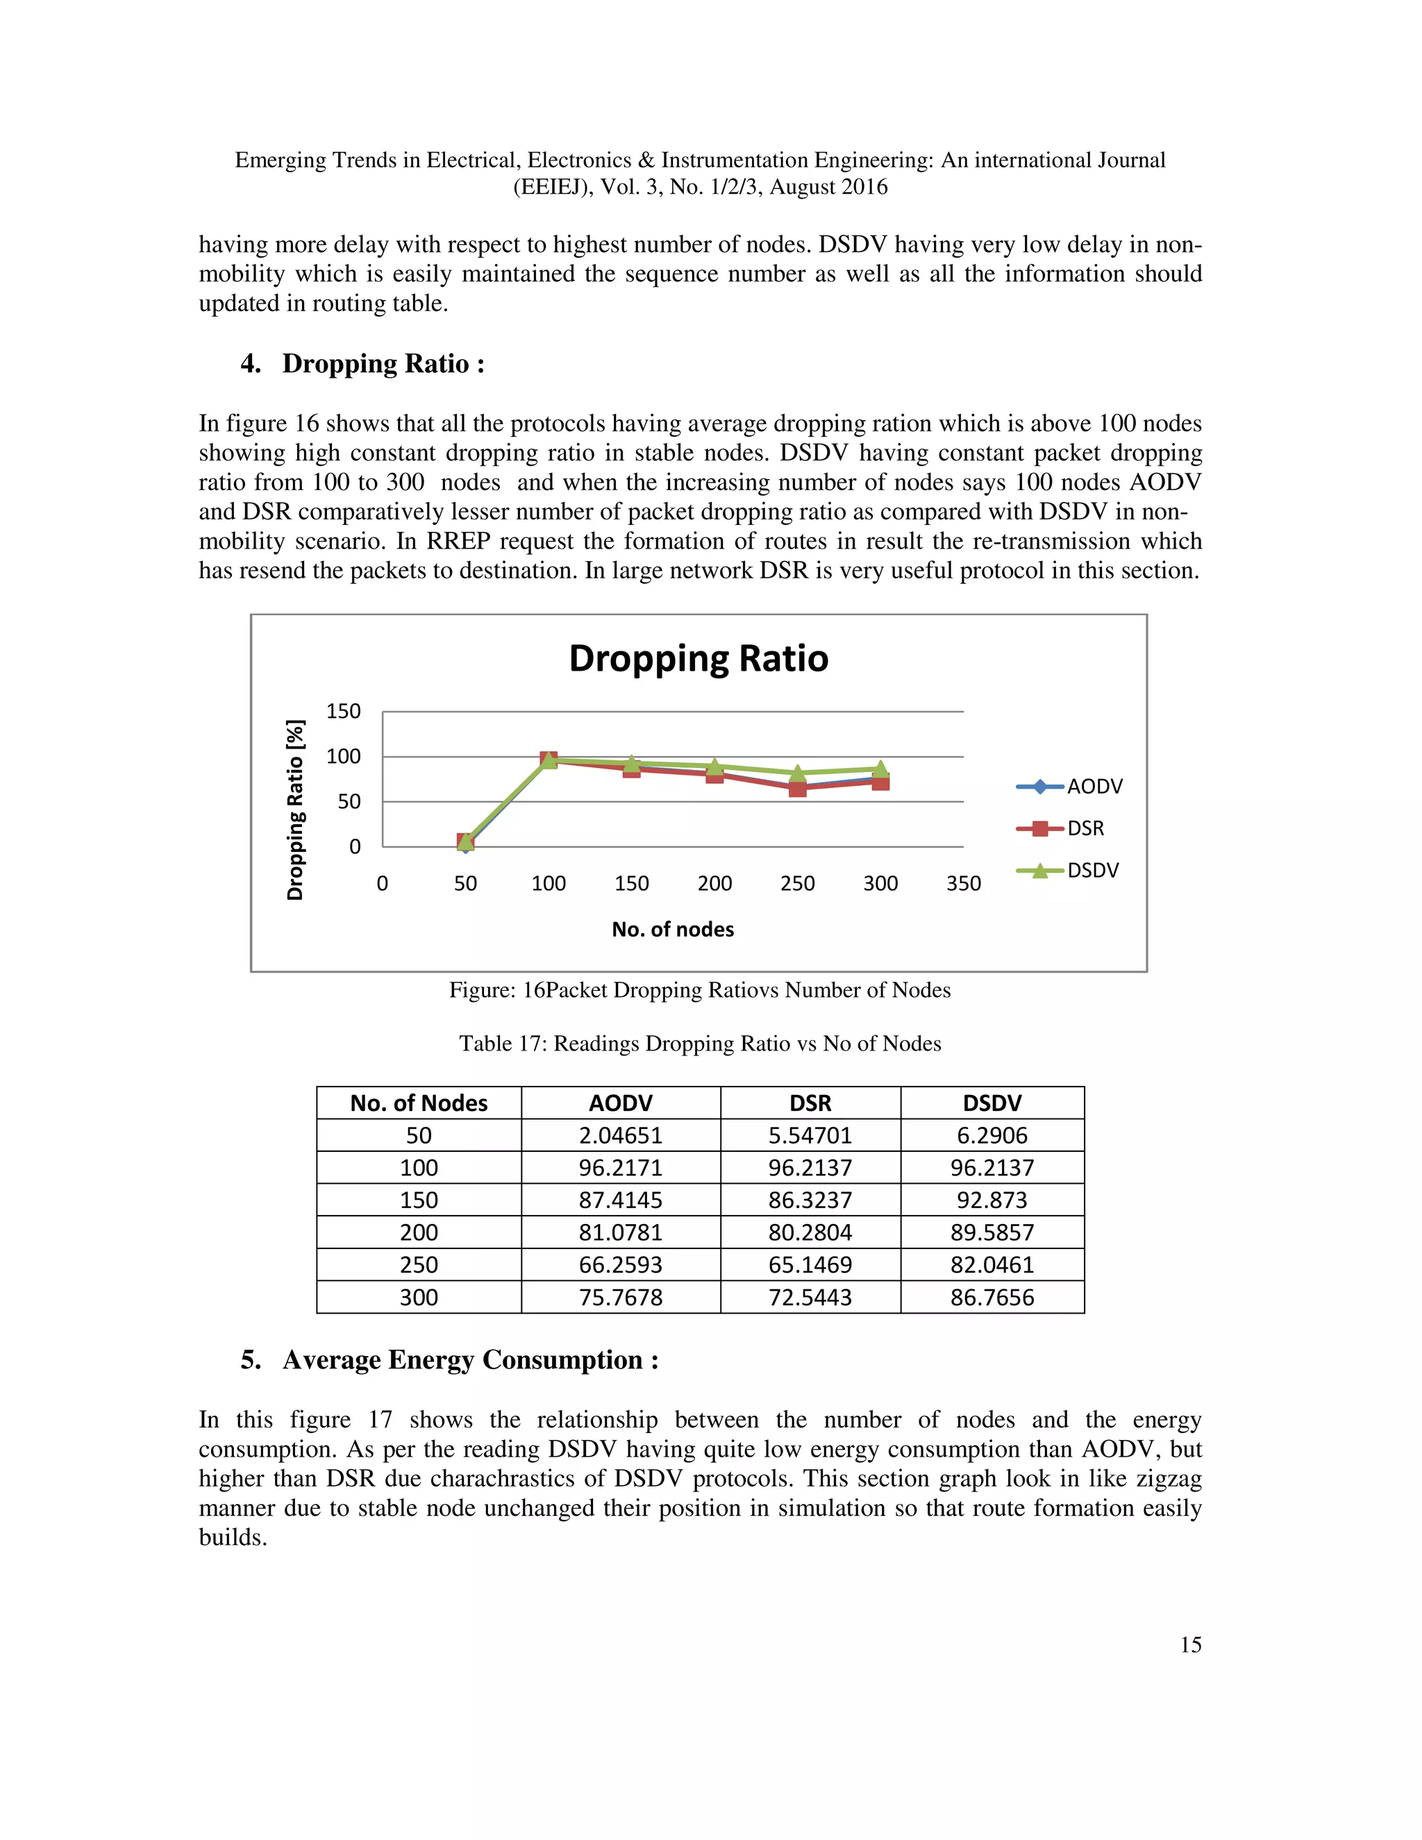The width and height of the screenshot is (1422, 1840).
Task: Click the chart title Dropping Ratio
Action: pos(699,658)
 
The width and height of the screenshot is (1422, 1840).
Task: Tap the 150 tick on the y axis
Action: pos(343,711)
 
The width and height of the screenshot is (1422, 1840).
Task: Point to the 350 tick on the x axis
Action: pos(963,883)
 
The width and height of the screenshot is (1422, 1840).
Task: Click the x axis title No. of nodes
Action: pos(672,929)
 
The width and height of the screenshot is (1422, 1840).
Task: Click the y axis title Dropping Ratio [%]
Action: pos(295,810)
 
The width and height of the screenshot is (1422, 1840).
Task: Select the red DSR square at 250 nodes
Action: pos(797,789)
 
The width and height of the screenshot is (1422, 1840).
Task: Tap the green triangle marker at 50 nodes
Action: pos(466,840)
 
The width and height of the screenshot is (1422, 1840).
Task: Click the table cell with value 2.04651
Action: pos(620,1136)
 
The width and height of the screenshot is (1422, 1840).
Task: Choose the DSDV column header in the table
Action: pos(992,1103)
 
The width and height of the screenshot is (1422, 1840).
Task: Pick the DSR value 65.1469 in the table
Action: pos(810,1264)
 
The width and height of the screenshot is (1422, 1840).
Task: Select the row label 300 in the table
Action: pos(419,1298)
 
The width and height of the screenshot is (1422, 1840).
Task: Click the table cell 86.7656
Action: pos(992,1298)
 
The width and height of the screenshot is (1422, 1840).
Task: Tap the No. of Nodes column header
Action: pos(419,1103)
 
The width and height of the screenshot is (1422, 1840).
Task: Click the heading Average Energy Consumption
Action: pos(470,1360)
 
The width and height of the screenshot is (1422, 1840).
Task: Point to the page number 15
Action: pos(1189,1644)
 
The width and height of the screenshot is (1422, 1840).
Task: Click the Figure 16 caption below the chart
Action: pos(699,990)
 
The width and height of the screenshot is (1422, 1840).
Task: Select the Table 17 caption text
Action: pos(699,1044)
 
